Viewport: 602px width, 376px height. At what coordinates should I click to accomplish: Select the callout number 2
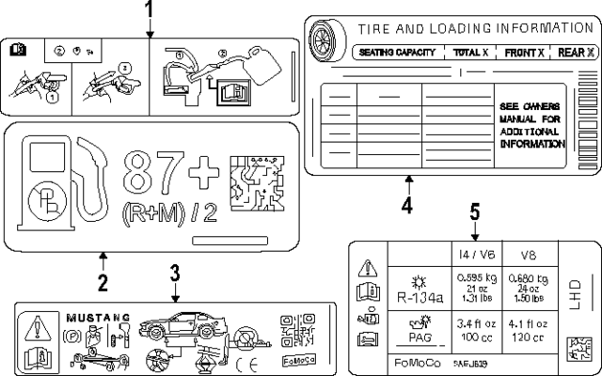pyautogui.click(x=103, y=281)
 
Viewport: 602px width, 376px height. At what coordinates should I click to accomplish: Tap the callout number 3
pyautogui.click(x=174, y=274)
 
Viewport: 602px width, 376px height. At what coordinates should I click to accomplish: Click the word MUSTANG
pyautogui.click(x=94, y=318)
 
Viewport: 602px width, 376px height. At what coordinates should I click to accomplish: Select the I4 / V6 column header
pyautogui.click(x=475, y=255)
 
